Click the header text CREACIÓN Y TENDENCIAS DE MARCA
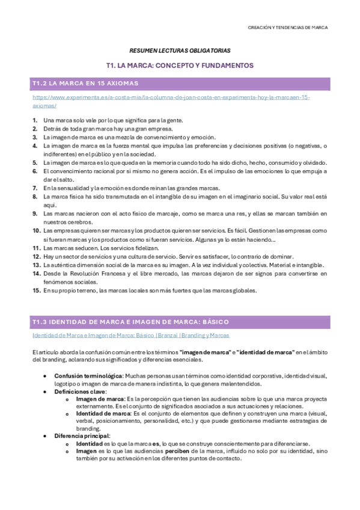288,27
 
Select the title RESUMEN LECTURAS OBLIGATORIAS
180,51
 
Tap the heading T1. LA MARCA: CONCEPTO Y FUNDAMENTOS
180,65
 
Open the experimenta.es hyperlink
171,97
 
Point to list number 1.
35,120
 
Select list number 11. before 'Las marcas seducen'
35,247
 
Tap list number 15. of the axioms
35,290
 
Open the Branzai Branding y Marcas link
130,336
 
